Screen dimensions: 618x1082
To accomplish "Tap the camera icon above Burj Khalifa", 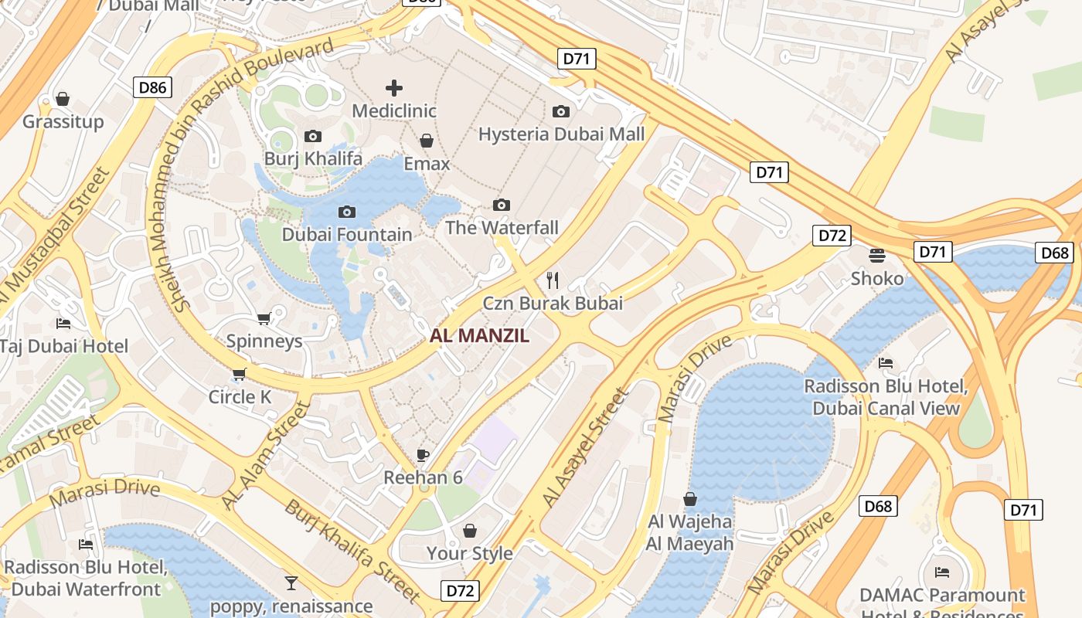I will (x=313, y=137).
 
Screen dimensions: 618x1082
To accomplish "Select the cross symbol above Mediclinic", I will (x=394, y=88).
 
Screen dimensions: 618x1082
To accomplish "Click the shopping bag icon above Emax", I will (x=426, y=141).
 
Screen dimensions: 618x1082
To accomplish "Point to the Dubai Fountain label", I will (x=347, y=234).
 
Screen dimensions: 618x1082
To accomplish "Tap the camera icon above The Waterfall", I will (x=502, y=205).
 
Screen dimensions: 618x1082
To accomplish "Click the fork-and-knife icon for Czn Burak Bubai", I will (x=552, y=279).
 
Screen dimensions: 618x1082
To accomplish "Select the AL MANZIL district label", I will (x=480, y=336).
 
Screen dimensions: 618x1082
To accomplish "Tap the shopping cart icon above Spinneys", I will (x=264, y=318).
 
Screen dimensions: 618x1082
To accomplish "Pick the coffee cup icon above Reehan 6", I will (x=422, y=455).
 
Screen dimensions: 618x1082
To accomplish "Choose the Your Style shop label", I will (x=470, y=553).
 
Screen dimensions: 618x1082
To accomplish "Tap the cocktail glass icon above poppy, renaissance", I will (x=291, y=582).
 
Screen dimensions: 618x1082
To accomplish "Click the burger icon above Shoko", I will (x=876, y=255).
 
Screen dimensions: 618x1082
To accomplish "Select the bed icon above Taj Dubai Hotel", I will (x=63, y=323).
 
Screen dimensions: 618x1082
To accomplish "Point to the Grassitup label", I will (x=63, y=121).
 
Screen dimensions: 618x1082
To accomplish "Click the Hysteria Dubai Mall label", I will (x=561, y=134).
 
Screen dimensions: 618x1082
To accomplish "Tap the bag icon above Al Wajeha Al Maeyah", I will (x=689, y=500).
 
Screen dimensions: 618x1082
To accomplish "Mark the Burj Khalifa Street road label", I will (x=352, y=550).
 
